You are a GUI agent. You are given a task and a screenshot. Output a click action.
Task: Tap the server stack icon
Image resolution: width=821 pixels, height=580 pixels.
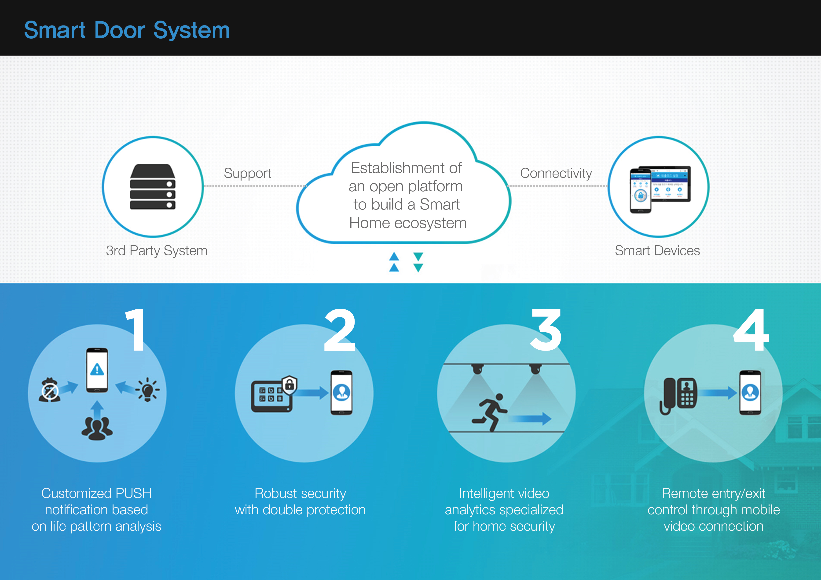point(153,187)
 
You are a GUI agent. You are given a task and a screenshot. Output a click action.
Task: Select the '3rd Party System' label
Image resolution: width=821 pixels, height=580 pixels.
point(157,250)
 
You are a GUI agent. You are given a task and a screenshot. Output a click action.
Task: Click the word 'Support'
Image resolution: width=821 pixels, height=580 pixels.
point(247,173)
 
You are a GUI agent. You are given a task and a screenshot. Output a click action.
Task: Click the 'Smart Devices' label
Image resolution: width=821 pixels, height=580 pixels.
point(657,250)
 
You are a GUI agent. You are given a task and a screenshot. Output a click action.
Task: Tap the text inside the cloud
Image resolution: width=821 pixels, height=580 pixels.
point(407,195)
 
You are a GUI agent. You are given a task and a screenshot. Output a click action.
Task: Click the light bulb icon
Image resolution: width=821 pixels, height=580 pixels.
point(147,390)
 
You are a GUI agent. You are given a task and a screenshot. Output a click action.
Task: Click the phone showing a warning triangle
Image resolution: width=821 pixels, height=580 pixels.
point(97,370)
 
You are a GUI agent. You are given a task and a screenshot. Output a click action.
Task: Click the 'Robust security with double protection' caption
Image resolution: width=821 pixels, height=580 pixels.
point(300,501)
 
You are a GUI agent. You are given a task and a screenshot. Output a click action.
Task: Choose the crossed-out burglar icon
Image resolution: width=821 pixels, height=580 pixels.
point(49,390)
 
